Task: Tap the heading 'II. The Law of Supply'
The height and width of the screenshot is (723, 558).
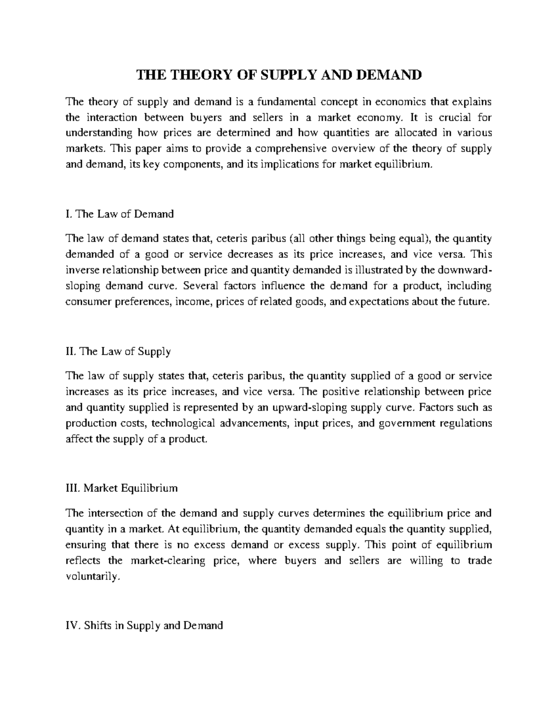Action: (118, 351)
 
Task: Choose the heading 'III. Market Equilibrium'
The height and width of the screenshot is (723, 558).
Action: (122, 488)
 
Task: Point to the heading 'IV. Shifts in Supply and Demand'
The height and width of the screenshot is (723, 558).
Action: (145, 625)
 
